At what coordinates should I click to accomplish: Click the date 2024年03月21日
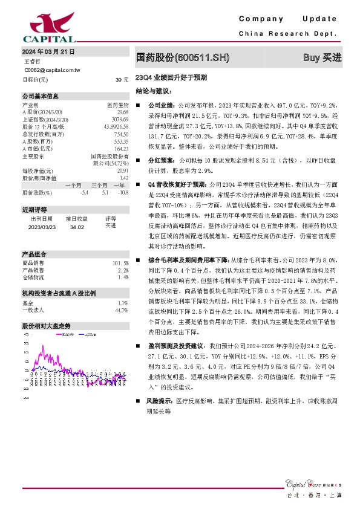click(x=48, y=53)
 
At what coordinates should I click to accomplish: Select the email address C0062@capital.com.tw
click(x=51, y=71)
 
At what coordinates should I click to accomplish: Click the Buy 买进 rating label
click(x=322, y=57)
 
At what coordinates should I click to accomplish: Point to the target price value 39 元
click(x=122, y=80)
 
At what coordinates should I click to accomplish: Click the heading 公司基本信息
click(x=41, y=96)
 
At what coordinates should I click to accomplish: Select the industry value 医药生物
click(x=118, y=105)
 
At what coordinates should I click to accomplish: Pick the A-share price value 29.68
click(x=122, y=112)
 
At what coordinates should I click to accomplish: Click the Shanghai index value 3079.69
click(x=120, y=119)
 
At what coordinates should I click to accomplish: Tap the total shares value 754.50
click(x=121, y=134)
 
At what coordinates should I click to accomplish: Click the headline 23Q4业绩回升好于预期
click(x=171, y=78)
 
